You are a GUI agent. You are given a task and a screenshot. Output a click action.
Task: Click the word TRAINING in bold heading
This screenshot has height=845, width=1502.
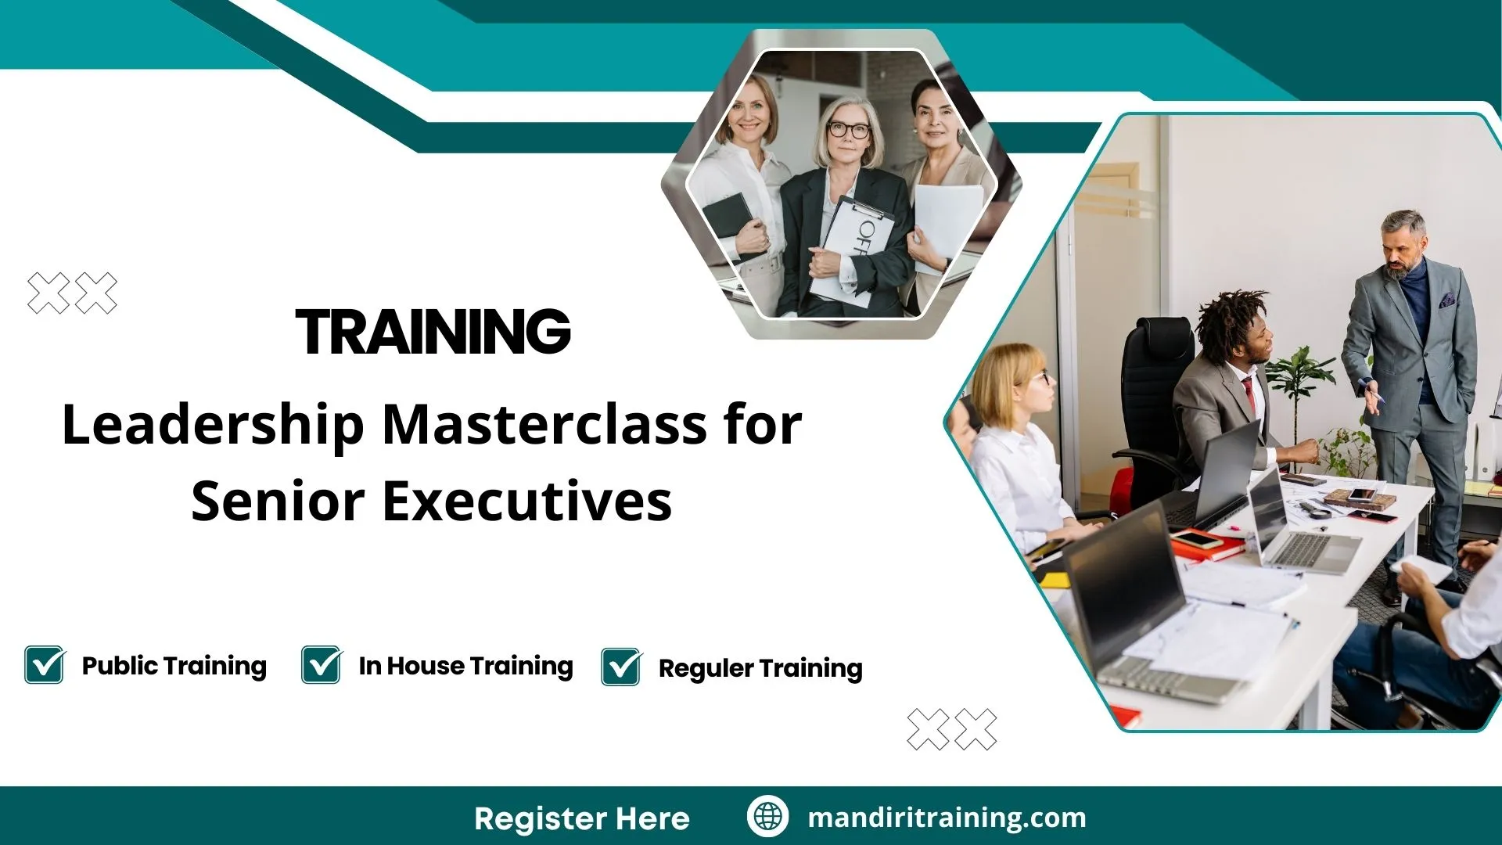[433, 332]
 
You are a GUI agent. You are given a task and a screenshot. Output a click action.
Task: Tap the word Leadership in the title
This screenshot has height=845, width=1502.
[213, 426]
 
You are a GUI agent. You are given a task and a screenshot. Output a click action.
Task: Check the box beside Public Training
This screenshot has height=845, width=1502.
[44, 665]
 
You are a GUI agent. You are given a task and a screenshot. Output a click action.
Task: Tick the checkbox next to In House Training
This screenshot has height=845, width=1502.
[321, 665]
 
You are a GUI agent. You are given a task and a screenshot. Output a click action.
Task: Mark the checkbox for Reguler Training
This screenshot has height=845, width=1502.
[621, 667]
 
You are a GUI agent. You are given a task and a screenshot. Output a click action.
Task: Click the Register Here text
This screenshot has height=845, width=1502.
[581, 818]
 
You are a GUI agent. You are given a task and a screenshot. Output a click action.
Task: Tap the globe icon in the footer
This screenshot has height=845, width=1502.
[767, 816]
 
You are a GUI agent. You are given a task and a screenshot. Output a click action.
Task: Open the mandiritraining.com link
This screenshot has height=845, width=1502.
[947, 818]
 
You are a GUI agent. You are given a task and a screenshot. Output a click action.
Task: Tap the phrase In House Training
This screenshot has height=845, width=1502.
[465, 666]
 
